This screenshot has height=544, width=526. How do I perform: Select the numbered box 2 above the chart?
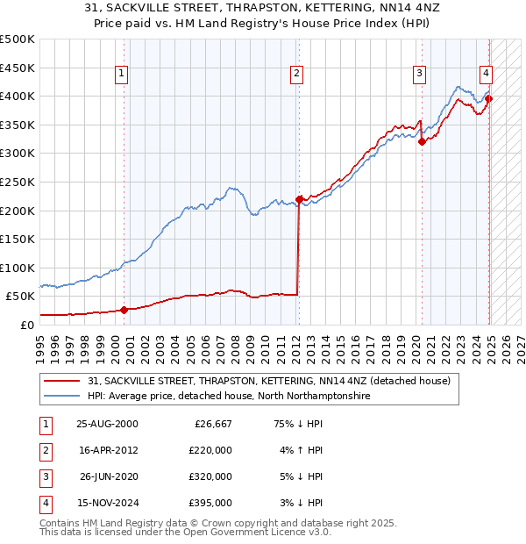[298, 74]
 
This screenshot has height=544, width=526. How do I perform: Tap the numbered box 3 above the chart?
[421, 74]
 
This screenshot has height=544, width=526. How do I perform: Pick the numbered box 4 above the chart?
[485, 74]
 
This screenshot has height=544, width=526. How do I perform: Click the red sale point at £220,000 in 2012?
[299, 199]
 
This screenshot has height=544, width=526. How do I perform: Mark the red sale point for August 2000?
[124, 309]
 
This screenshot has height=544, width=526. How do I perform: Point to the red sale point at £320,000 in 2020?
[422, 141]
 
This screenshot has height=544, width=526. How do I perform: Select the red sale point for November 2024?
[488, 99]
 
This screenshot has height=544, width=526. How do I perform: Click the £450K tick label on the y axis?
[18, 68]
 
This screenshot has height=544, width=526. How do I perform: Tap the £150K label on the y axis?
[18, 239]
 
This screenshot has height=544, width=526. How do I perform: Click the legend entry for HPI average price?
[229, 397]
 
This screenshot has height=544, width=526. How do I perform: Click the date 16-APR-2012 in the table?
[107, 451]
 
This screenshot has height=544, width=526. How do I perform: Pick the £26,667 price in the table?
[211, 424]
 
